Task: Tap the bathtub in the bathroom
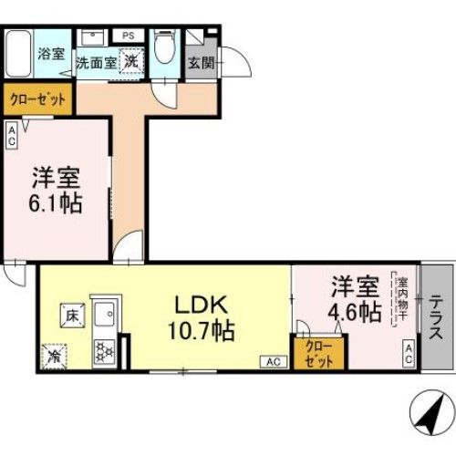pyautogui.click(x=18, y=55)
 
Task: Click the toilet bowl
pyautogui.click(x=165, y=47)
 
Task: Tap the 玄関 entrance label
pyautogui.click(x=201, y=64)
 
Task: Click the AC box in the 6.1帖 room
pyautogui.click(x=12, y=136)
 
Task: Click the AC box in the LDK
pyautogui.click(x=273, y=362)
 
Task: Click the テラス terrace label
pyautogui.click(x=437, y=315)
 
